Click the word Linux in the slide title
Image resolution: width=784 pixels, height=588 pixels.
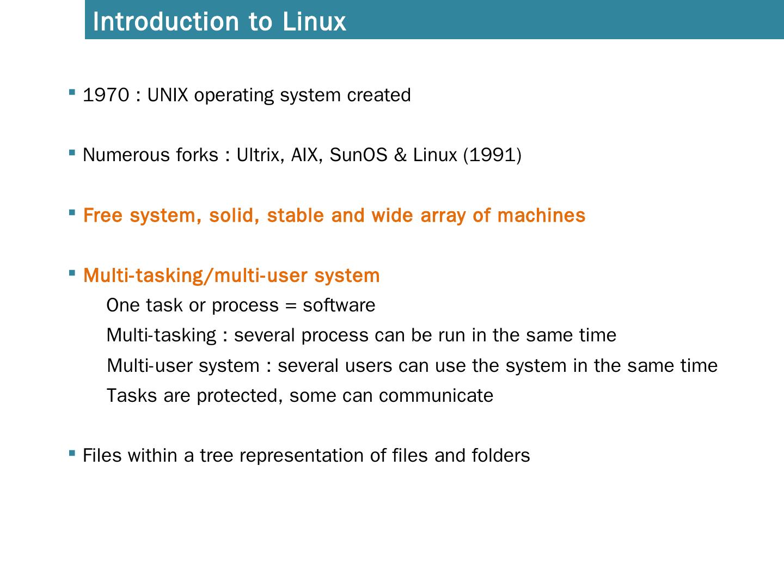point(314,22)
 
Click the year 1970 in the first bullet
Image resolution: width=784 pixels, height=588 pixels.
point(106,95)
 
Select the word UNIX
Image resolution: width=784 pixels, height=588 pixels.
point(167,95)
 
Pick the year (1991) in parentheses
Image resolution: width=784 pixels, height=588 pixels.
point(492,155)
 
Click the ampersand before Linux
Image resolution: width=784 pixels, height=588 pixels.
point(400,155)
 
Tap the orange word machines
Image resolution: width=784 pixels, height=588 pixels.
point(541,216)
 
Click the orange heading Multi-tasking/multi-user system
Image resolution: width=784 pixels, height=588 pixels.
point(231,275)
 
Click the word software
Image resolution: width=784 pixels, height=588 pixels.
point(339,305)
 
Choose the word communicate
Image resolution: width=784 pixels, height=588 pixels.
point(436,395)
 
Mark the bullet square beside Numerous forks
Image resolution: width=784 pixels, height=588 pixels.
point(72,153)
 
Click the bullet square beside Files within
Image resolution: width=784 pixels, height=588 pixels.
point(72,453)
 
